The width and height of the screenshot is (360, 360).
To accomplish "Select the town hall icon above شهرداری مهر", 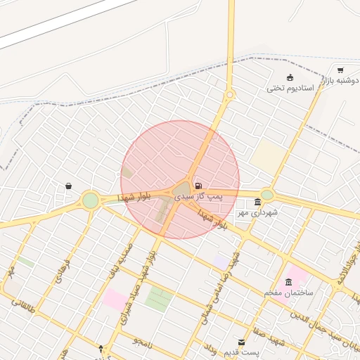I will point(257,202).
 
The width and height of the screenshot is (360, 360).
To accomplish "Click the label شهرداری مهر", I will point(257,212).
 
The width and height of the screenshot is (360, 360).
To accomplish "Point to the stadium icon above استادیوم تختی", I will point(290,77).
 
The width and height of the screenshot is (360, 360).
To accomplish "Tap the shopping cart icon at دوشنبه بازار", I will point(340,70).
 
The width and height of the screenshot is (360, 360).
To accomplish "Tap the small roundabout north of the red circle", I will point(229,95).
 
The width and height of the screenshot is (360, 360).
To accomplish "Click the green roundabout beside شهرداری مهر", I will point(266,195).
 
